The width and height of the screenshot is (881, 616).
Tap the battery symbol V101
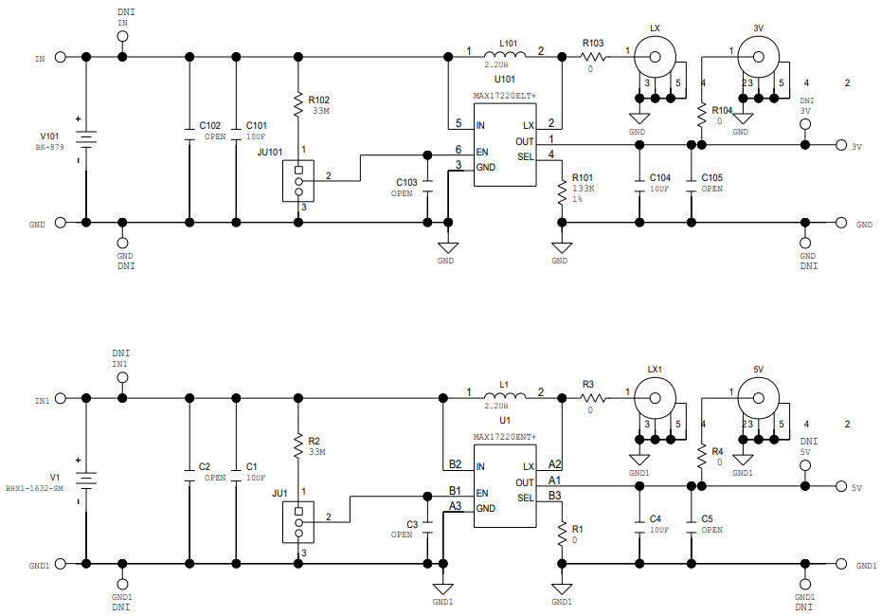click(x=86, y=139)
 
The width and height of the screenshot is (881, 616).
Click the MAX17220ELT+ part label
click(x=505, y=96)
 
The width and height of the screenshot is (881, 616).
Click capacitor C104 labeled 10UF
click(x=639, y=184)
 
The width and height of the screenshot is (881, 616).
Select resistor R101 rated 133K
click(x=562, y=189)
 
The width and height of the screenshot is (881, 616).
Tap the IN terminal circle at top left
click(x=61, y=58)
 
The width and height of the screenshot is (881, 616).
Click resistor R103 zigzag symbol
click(x=594, y=57)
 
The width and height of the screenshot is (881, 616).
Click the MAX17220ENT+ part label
click(x=505, y=437)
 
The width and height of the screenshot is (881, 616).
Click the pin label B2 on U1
click(x=456, y=464)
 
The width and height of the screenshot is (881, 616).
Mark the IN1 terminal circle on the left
click(x=61, y=399)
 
